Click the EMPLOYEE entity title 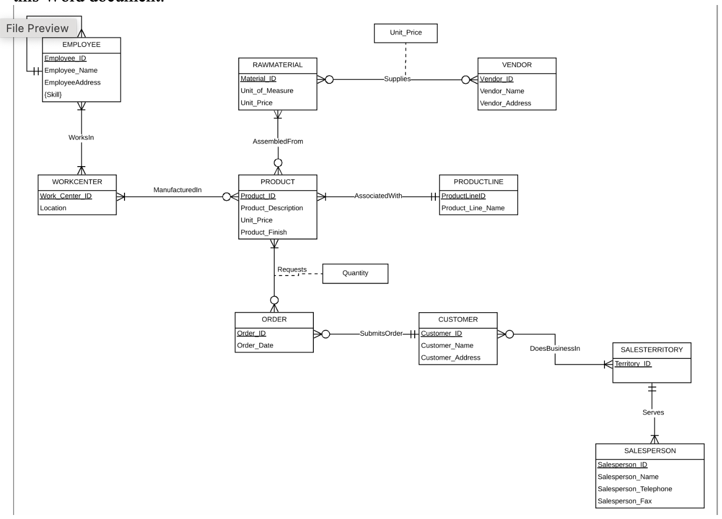[81, 45]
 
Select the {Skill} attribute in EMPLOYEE [53, 94]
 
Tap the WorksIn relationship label [81, 138]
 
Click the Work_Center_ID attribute [66, 196]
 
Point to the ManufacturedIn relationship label [177, 190]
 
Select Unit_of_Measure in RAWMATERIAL [267, 91]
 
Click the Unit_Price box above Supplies [406, 33]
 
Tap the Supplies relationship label [397, 79]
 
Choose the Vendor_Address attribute [505, 103]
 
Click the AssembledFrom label [278, 142]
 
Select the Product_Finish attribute [264, 232]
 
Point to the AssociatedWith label [378, 196]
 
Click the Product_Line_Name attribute [473, 208]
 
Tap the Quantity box [355, 273]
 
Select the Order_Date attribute [255, 345]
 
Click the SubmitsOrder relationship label [381, 333]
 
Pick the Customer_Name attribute [447, 345]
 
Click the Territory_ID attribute [633, 363]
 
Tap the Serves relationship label [653, 413]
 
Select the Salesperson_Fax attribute [624, 501]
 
